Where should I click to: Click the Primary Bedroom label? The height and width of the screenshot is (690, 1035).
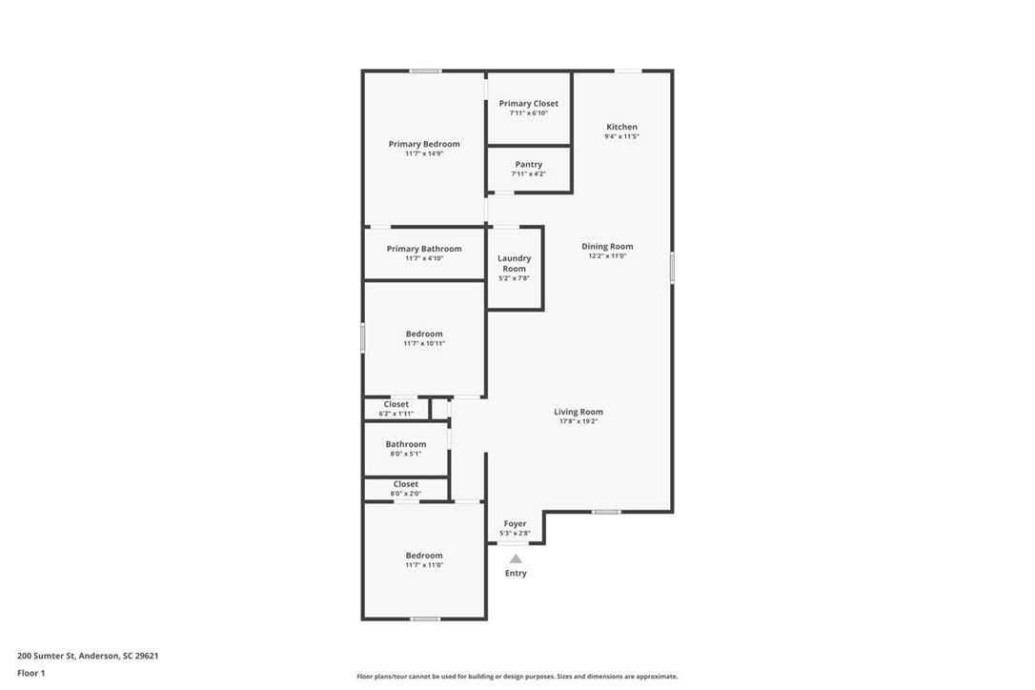tap(424, 144)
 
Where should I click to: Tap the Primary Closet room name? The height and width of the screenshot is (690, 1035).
tap(528, 104)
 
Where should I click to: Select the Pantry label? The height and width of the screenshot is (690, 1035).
tap(529, 165)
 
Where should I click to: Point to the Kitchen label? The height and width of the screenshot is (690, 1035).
tap(621, 127)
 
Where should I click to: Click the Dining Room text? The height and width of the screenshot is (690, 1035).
tap(607, 246)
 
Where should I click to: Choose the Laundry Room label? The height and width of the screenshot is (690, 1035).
tap(515, 263)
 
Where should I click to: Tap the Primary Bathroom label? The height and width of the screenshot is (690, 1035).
tap(424, 249)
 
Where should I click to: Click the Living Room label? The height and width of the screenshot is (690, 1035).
tap(578, 412)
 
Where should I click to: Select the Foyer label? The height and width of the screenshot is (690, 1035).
tap(515, 523)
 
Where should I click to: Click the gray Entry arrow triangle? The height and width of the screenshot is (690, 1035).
tap(516, 559)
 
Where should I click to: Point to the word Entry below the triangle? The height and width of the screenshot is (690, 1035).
tap(516, 573)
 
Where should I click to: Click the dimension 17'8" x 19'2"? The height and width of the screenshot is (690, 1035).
tap(578, 421)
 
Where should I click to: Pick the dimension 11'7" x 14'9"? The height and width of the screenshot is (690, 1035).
tap(424, 153)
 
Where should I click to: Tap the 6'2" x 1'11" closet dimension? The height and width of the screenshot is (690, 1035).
tap(396, 414)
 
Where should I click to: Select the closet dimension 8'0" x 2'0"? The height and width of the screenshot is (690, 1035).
tap(405, 494)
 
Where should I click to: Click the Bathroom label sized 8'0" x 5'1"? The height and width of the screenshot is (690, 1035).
tap(406, 444)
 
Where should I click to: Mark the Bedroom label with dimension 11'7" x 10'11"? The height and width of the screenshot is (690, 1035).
tap(424, 335)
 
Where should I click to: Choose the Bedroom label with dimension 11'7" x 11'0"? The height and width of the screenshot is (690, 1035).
tap(424, 556)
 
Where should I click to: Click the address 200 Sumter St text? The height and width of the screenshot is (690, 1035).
tap(46, 656)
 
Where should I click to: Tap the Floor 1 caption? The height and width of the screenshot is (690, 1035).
tap(31, 674)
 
